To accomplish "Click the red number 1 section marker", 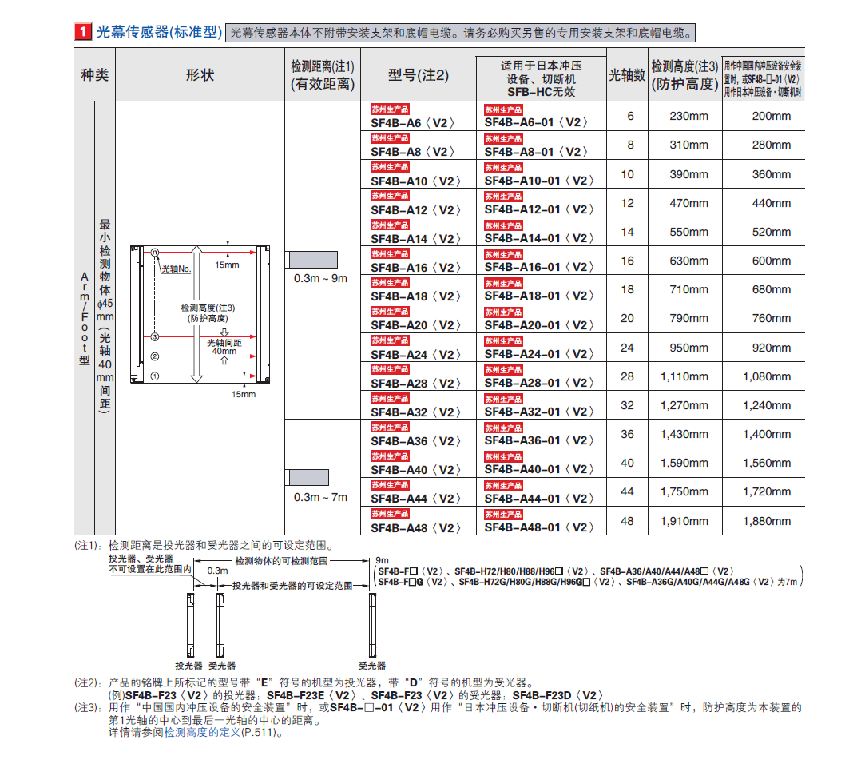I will point(82,32).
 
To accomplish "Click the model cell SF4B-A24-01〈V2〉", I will point(539,354).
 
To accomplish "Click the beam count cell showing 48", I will point(627,521).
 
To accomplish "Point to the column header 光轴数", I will point(627,74).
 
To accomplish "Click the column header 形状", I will point(200,74).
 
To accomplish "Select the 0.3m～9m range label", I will point(320,278).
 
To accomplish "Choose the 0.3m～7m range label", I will point(320,497).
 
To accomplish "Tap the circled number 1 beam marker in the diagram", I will point(156,376).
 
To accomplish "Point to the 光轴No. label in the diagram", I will point(177,269).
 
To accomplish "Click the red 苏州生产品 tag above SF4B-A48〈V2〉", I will point(390,514).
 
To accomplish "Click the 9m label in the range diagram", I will point(382,560).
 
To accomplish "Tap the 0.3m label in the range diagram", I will point(217,571).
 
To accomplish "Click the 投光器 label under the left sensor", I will point(188,665).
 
